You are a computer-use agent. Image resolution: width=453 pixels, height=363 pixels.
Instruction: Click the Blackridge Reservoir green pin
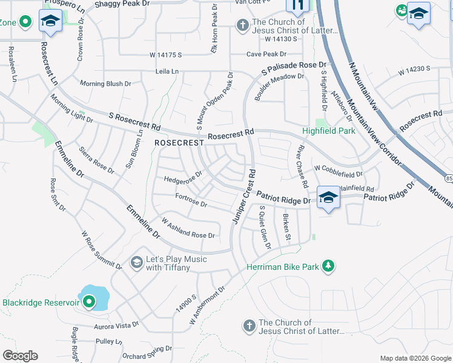point(89,301)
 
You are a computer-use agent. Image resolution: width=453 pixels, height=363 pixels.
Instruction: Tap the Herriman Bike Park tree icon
point(328,266)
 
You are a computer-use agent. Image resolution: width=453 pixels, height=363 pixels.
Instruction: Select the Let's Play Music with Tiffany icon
point(136,263)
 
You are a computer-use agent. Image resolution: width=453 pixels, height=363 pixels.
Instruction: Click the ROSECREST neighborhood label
point(179,143)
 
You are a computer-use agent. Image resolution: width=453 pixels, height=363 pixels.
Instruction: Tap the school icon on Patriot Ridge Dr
point(328,198)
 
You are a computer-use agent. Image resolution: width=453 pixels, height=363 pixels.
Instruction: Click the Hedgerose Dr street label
point(183,179)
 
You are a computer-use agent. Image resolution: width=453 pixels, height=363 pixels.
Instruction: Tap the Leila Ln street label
point(167,71)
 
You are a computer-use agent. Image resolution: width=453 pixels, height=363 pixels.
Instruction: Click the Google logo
point(19,356)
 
